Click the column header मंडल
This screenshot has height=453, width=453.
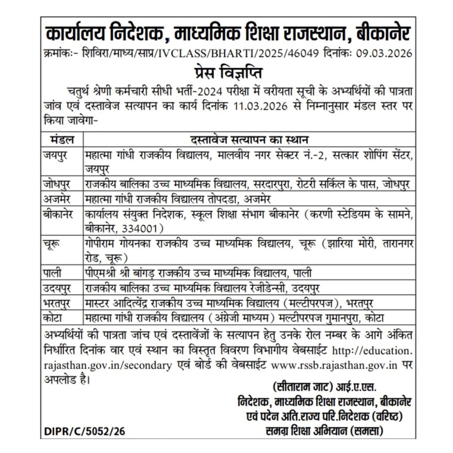click(x=62, y=139)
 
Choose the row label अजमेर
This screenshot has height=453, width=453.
click(x=57, y=199)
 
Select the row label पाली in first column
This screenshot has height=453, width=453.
click(x=52, y=273)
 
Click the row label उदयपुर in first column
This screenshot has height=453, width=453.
click(x=57, y=288)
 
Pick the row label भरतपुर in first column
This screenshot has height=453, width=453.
click(x=57, y=303)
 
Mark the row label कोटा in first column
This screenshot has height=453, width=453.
click(x=53, y=318)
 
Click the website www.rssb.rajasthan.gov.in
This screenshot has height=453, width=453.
click(x=334, y=365)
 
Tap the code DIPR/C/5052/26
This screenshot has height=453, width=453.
click(x=85, y=431)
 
